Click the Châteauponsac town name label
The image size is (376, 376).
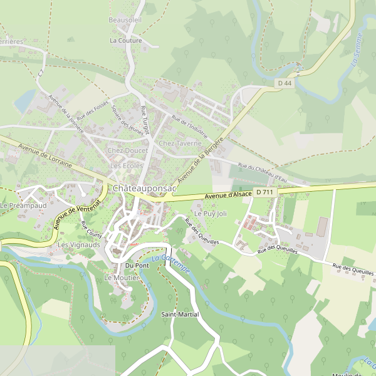(x=145, y=188)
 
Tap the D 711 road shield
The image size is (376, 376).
(x=264, y=192)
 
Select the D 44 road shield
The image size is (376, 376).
(x=285, y=83)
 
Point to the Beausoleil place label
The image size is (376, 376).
(x=125, y=20)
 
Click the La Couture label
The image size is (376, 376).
(x=126, y=41)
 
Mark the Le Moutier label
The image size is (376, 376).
(x=122, y=278)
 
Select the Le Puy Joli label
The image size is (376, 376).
(x=210, y=214)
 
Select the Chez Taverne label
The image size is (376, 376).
(x=180, y=144)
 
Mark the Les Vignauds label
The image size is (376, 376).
(x=79, y=245)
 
